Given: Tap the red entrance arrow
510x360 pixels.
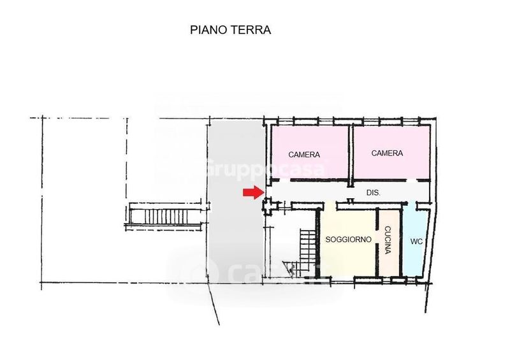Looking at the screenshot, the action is [x=253, y=192].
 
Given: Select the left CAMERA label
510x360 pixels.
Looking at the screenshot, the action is [x=304, y=155].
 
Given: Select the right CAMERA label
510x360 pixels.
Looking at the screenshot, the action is [x=387, y=153].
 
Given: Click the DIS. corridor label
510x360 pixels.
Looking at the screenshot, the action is [x=373, y=192].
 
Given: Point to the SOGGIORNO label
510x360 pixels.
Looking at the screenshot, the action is [x=348, y=240].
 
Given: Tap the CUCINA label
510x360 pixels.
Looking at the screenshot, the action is [x=388, y=240].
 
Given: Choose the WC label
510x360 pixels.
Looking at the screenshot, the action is [x=416, y=241].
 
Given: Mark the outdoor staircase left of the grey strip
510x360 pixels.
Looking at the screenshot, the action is [x=166, y=217].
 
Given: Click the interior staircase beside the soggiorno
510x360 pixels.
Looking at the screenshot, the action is [x=307, y=250].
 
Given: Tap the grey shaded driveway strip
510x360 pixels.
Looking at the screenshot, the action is [x=235, y=201].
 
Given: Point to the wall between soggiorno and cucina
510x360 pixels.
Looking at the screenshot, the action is [x=377, y=242].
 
